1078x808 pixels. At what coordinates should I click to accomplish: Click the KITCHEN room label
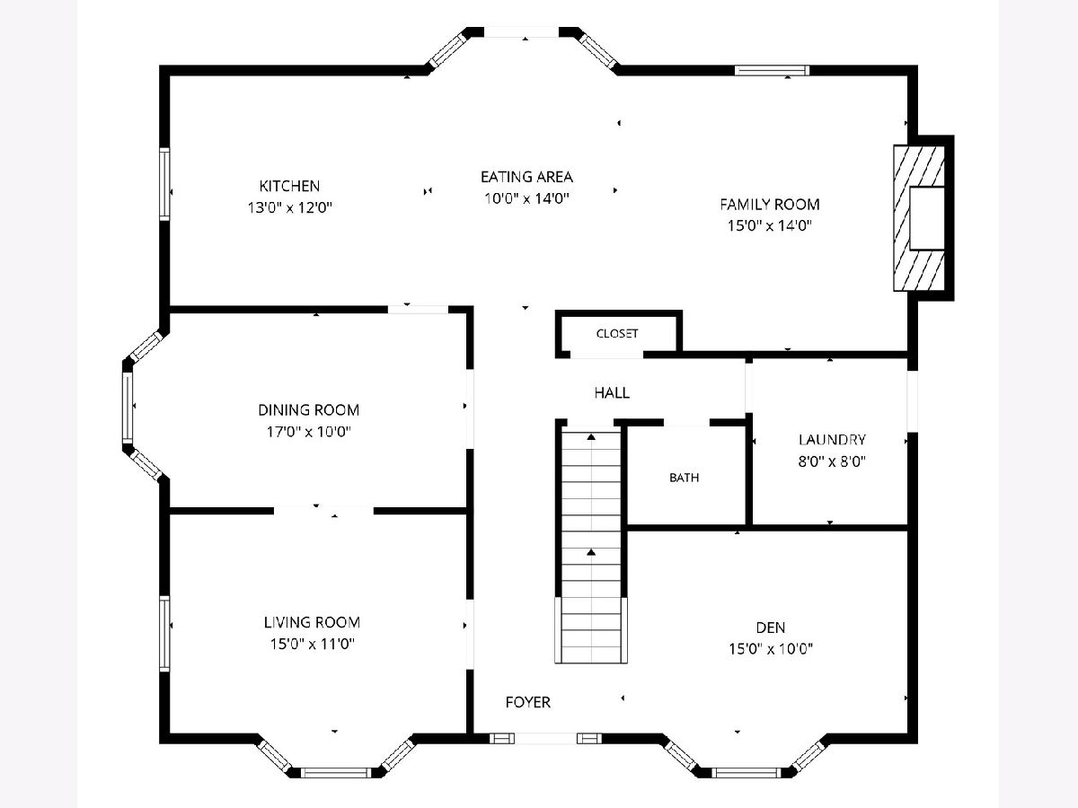click(289, 186)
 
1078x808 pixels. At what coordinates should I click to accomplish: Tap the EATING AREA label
click(526, 177)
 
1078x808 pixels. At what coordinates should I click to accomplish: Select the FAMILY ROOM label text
click(770, 204)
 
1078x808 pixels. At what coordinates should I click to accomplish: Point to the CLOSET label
click(617, 334)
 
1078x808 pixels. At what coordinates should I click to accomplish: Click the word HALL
click(612, 392)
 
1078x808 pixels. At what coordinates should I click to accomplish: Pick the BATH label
click(684, 478)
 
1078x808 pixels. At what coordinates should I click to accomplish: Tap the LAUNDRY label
click(832, 440)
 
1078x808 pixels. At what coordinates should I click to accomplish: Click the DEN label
click(770, 628)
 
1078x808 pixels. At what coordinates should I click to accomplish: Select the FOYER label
click(527, 703)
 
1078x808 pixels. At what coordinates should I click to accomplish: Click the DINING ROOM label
click(308, 409)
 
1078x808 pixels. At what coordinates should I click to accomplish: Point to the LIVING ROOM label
click(312, 622)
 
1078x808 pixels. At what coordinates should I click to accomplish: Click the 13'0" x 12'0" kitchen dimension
click(289, 207)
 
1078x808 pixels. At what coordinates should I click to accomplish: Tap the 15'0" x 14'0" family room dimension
click(770, 225)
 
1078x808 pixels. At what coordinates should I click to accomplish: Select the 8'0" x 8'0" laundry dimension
click(832, 461)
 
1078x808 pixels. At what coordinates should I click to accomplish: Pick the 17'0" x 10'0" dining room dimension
click(308, 432)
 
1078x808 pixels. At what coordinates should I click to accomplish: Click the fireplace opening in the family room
click(927, 218)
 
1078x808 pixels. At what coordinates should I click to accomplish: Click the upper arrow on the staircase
click(591, 436)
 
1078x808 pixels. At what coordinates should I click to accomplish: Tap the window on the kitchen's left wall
click(164, 184)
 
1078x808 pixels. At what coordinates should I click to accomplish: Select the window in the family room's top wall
click(772, 70)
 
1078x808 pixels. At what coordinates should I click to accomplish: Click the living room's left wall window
click(164, 633)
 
